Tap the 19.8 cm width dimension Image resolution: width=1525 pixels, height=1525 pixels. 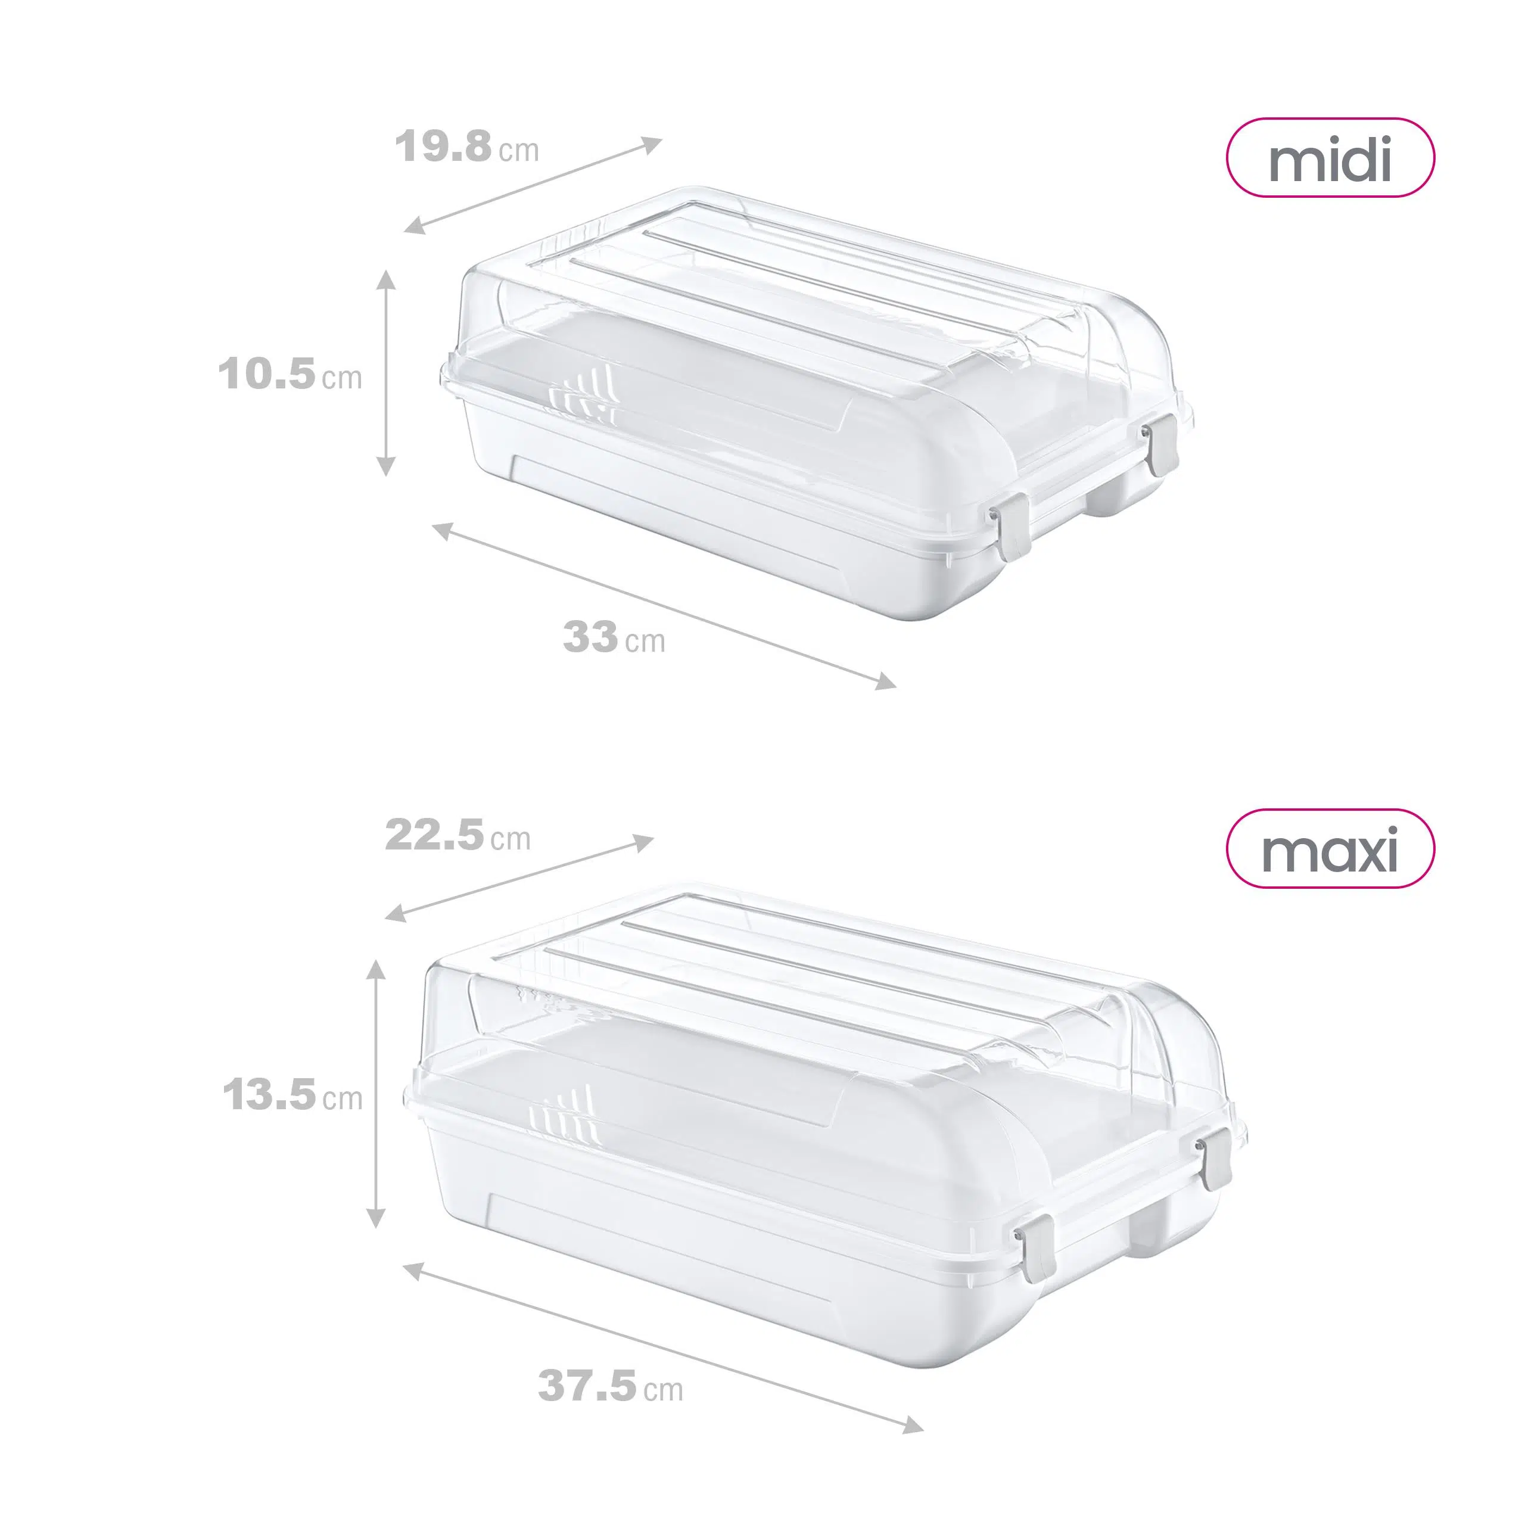pyautogui.click(x=466, y=148)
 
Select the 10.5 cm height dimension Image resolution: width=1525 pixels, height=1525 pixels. pyautogui.click(x=290, y=374)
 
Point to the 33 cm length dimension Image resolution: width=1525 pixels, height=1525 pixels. pyautogui.click(x=614, y=637)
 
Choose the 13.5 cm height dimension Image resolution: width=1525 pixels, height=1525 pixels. pyautogui.click(x=292, y=1095)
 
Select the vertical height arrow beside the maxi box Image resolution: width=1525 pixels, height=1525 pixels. pyautogui.click(x=377, y=1094)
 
